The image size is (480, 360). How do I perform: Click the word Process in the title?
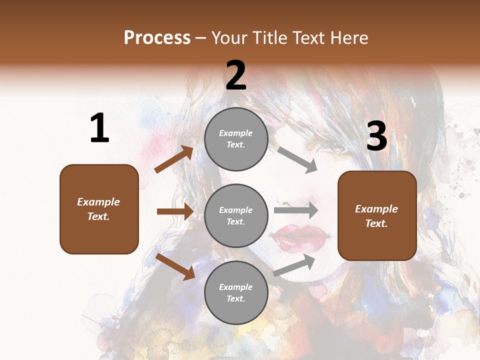point(157,38)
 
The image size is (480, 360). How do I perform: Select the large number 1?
point(99,128)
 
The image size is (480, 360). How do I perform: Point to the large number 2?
point(236,76)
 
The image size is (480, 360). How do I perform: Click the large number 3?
point(376,136)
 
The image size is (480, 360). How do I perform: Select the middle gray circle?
point(236,215)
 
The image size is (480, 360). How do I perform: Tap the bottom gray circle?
point(236,292)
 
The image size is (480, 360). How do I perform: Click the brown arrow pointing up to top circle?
point(174,159)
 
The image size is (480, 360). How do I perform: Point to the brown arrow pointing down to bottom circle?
point(175,266)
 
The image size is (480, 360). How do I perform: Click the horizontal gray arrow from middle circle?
point(295,210)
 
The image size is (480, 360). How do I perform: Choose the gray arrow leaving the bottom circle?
point(294,265)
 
